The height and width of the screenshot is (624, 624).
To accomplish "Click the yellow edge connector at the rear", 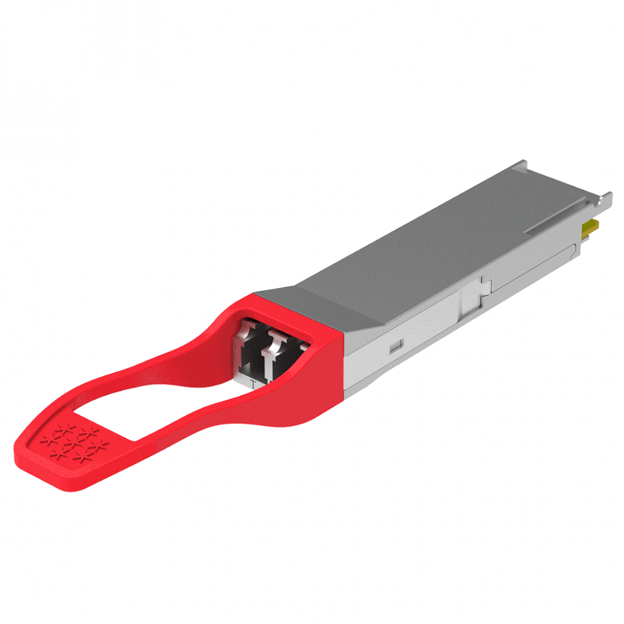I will click(x=589, y=227).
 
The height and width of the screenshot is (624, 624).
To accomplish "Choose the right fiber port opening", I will click(x=280, y=355).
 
